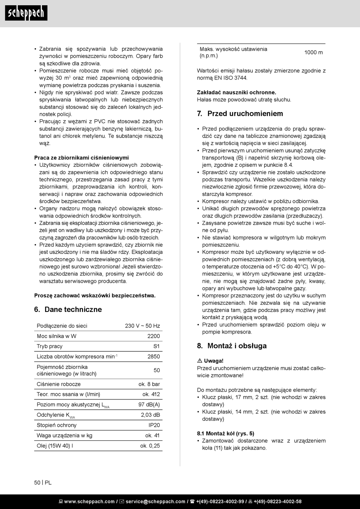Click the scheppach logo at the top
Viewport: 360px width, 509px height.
pos(26,13)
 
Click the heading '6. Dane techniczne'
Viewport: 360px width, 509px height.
pos(68,310)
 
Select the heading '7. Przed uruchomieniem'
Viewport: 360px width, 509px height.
pos(240,114)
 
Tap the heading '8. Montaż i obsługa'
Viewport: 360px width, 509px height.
pos(232,346)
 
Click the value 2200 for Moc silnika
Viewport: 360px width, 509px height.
pos(153,336)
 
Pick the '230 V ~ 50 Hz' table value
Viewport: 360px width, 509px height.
pos(142,326)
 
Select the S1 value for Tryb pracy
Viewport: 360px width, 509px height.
pos(157,346)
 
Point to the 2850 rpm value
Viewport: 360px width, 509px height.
pos(153,357)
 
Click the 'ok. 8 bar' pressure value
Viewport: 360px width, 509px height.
pos(149,384)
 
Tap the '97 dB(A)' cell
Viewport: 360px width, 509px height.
pos(149,405)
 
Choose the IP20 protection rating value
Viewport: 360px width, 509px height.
pos(154,425)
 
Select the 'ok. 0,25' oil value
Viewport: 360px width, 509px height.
pos(150,446)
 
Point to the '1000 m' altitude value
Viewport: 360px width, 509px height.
pos(313,53)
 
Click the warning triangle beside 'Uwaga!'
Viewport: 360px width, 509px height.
pos(200,361)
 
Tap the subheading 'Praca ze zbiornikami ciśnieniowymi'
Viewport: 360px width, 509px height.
pos(81,158)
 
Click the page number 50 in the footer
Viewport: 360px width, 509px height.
pos(37,482)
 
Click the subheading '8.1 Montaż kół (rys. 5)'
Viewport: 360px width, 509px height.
pos(225,434)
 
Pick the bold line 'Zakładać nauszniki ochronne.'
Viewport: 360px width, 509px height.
pos(236,92)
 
